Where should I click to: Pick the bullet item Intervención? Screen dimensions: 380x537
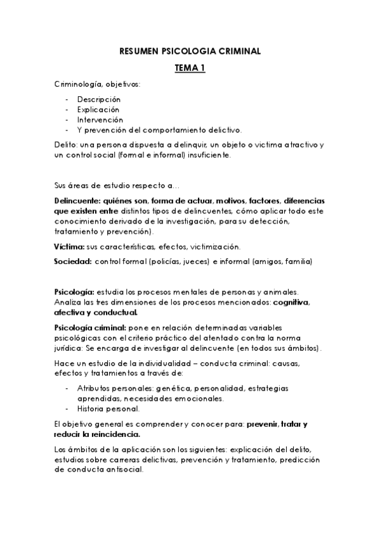100,120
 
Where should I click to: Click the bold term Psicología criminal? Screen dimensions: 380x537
90,329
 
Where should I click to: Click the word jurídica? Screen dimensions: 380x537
70,348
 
